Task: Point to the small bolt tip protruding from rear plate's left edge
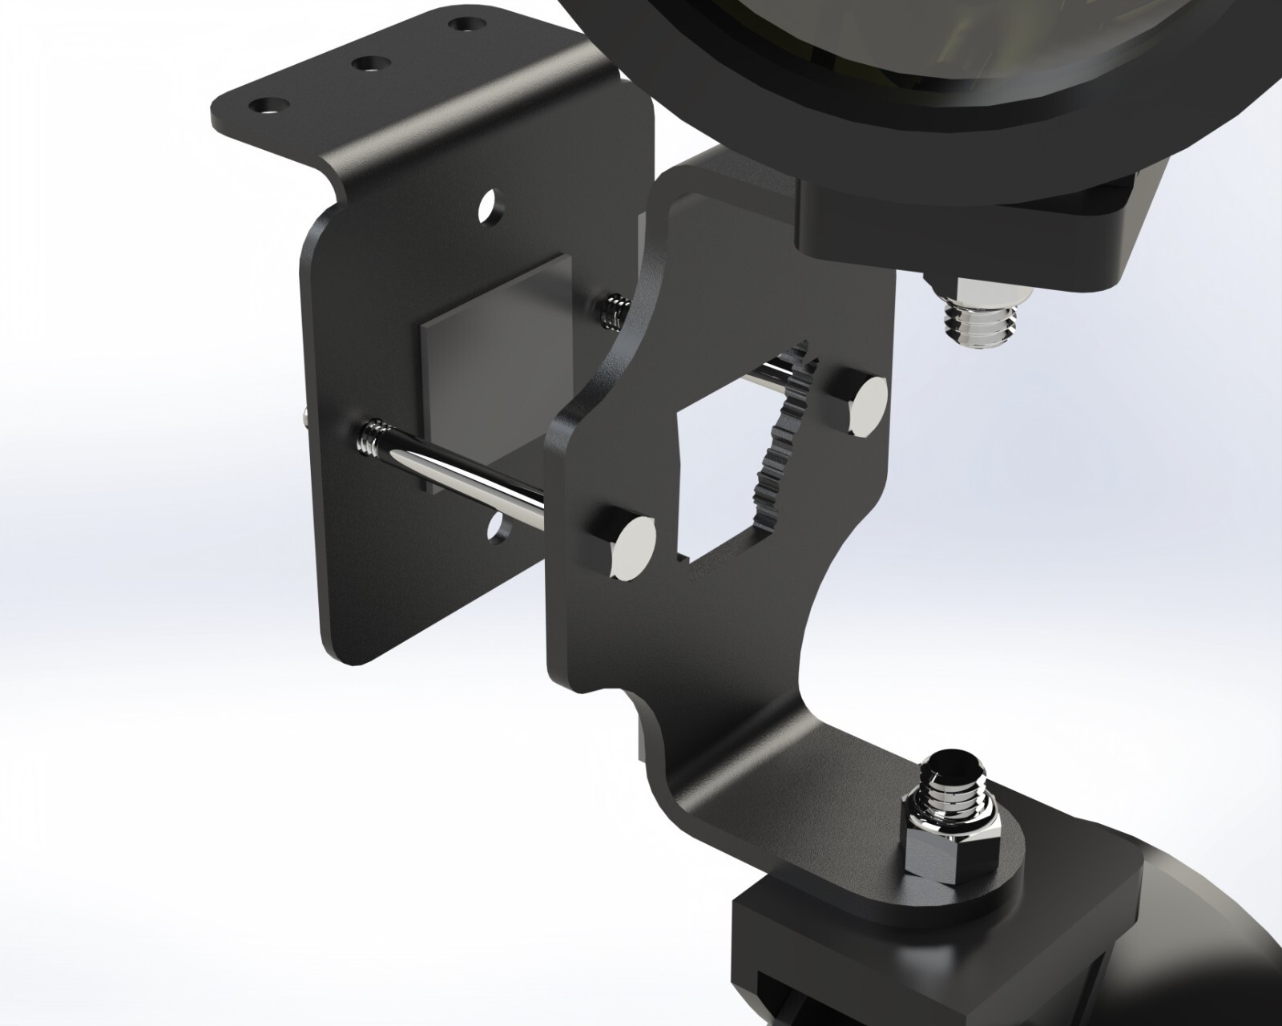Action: click(x=306, y=414)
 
